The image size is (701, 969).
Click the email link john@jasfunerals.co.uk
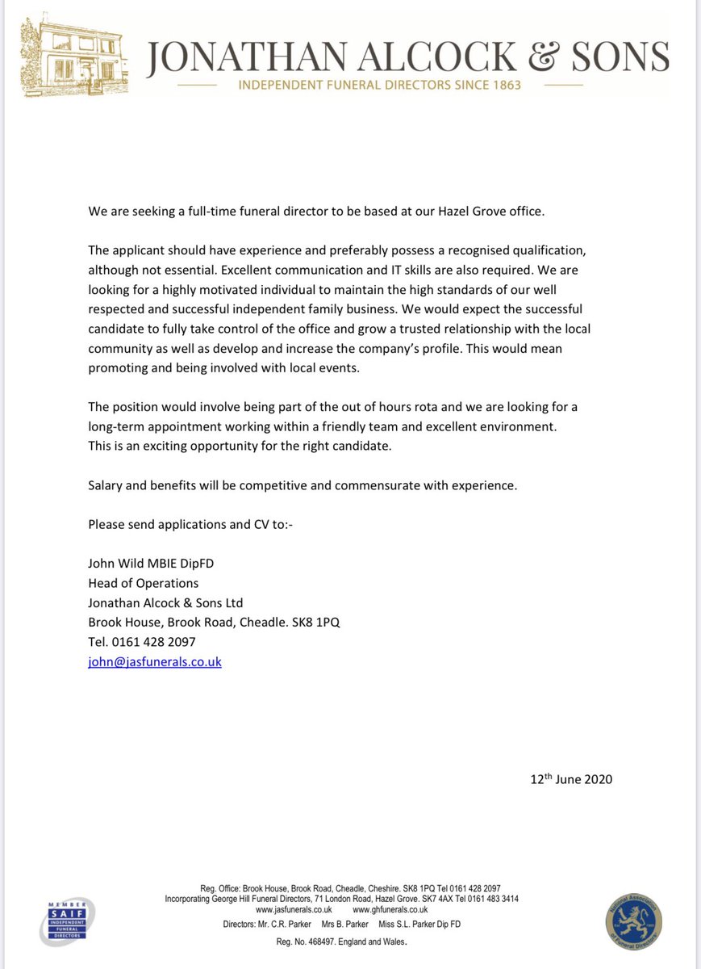(155, 661)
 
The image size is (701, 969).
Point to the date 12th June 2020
(571, 779)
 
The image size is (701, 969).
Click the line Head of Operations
(144, 583)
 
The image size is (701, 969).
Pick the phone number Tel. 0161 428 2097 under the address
(142, 642)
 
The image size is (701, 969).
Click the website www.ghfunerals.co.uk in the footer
(390, 909)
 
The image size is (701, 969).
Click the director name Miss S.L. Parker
(421, 925)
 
